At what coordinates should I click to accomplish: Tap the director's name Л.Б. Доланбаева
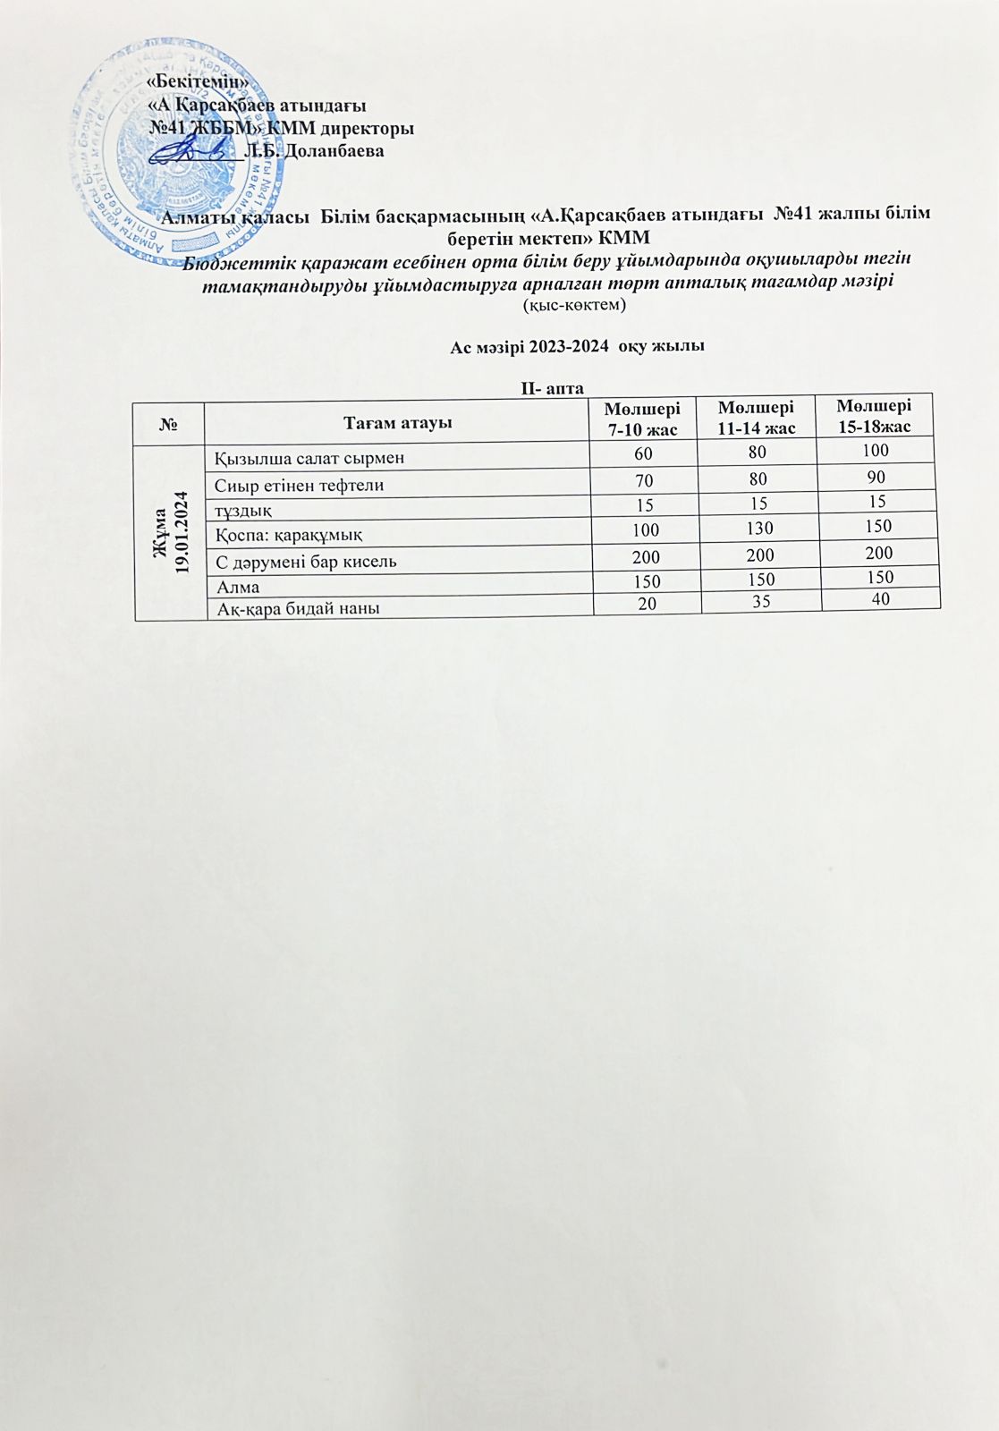click(x=314, y=150)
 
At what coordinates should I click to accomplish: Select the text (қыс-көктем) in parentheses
click(x=573, y=305)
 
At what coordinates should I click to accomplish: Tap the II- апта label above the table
click(x=553, y=388)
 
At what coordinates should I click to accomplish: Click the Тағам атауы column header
click(x=398, y=422)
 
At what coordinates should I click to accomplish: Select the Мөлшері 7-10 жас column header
click(x=642, y=418)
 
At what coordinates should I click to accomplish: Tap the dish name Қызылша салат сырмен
click(x=309, y=458)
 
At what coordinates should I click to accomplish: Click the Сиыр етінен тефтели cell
click(x=300, y=485)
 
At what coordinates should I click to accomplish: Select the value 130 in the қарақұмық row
click(x=759, y=529)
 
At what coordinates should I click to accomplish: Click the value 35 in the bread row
click(x=761, y=601)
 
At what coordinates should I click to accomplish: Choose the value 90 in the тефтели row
click(x=877, y=476)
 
